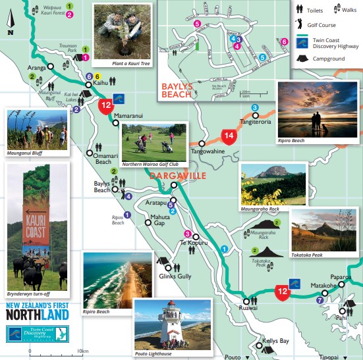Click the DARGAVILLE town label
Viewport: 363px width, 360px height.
point(178,176)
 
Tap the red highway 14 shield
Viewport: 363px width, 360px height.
point(229,137)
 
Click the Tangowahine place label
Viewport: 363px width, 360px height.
point(209,151)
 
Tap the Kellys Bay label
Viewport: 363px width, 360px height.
point(276,341)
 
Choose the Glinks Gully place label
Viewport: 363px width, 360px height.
point(175,276)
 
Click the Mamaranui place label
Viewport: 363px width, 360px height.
point(128,115)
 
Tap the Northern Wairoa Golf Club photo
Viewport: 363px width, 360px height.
point(155,142)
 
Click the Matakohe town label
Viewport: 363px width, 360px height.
point(323,286)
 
